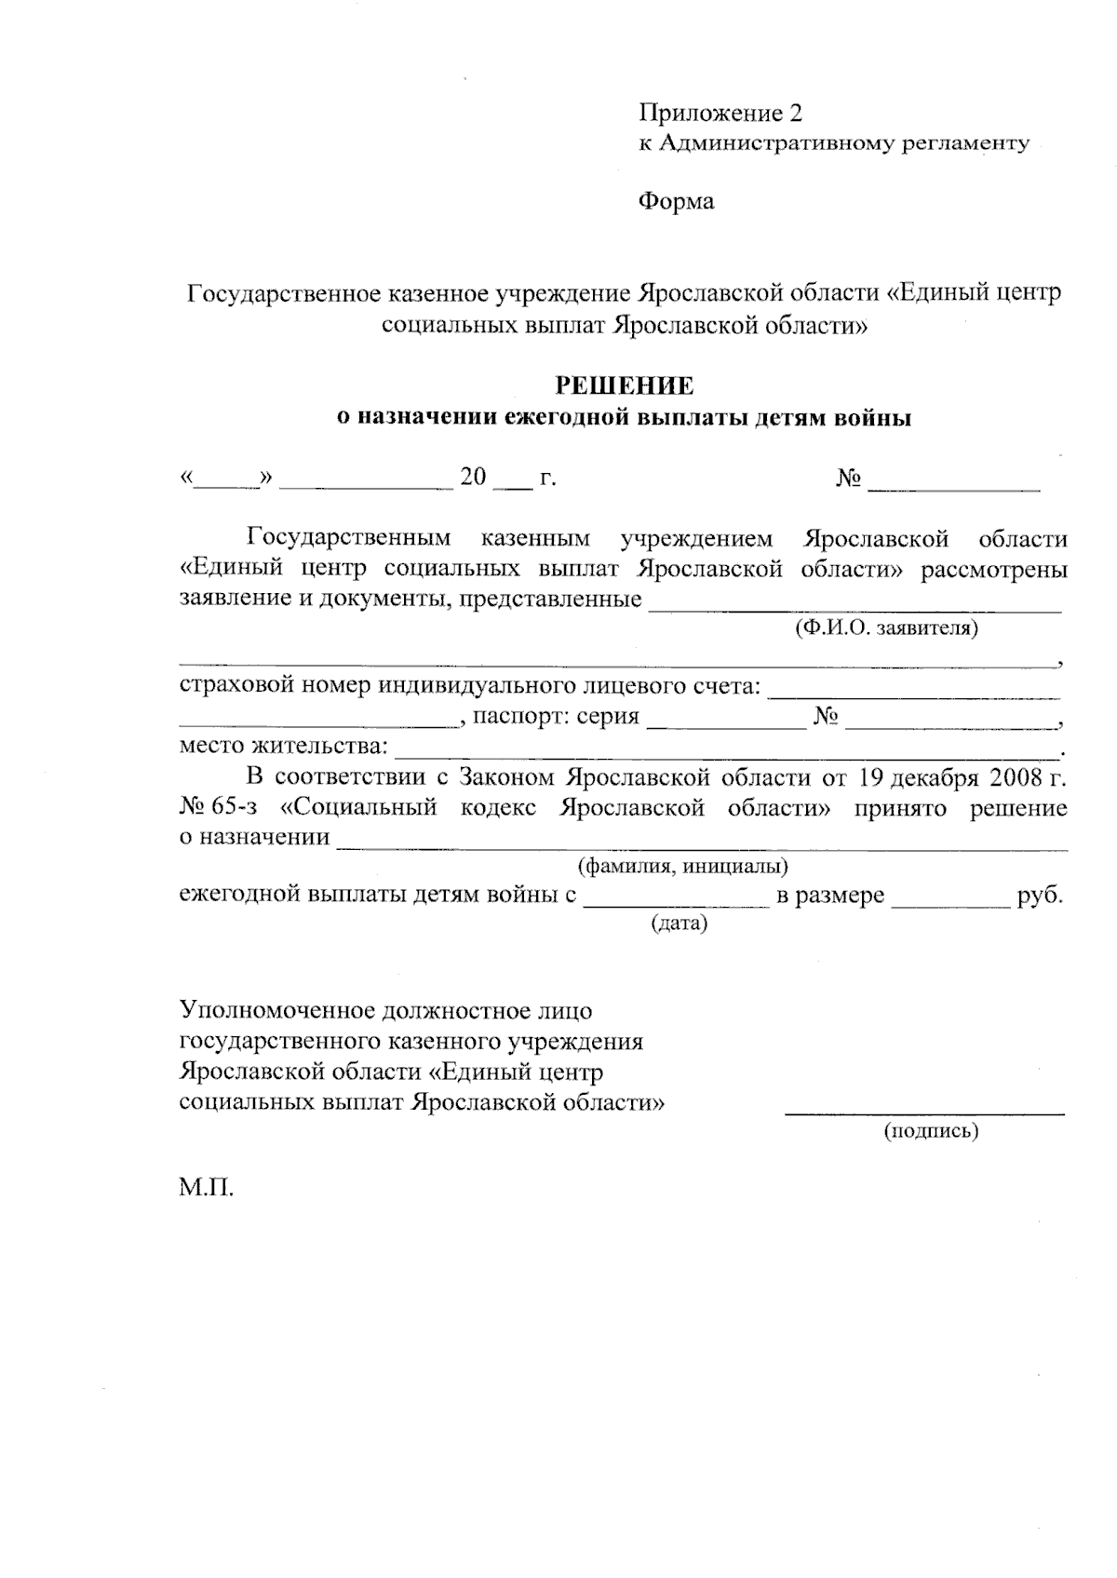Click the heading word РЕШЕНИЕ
[x=624, y=386]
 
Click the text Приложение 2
[x=720, y=114]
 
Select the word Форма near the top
[x=676, y=201]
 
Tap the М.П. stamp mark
[x=206, y=1189]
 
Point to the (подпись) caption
[x=930, y=1131]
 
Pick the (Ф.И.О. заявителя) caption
[x=886, y=627]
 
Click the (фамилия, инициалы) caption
[x=683, y=867]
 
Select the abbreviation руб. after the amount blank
[x=1041, y=896]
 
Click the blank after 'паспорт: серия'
[x=726, y=723]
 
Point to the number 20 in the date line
[x=473, y=478]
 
